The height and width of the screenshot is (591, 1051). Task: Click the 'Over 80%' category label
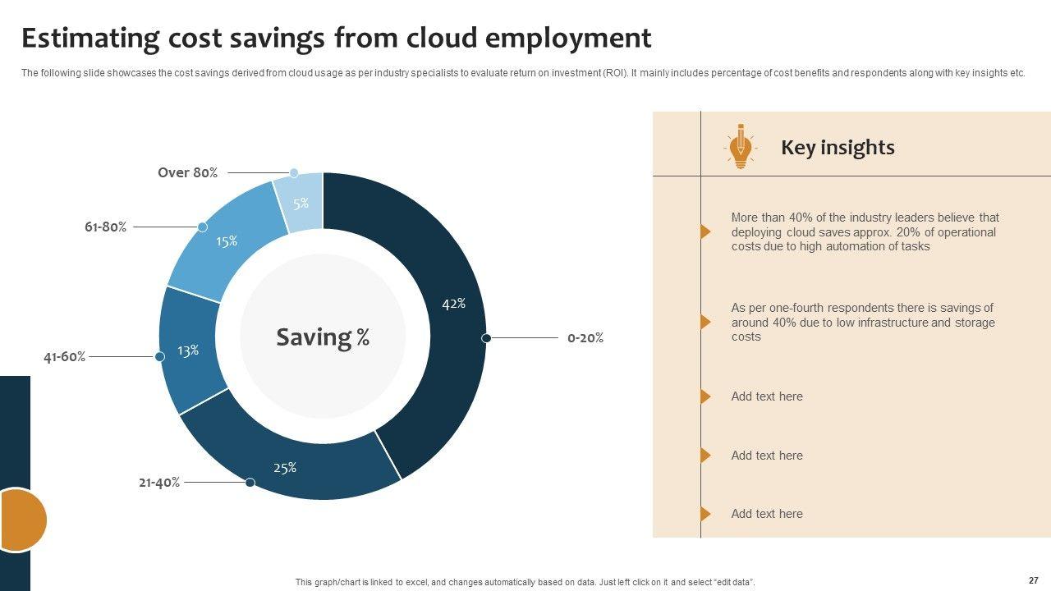(187, 173)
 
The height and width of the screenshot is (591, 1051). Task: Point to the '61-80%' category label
(105, 227)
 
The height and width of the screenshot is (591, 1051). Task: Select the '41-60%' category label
(64, 357)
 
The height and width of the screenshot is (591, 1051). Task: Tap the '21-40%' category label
(159, 483)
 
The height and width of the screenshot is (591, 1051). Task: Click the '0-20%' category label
(585, 338)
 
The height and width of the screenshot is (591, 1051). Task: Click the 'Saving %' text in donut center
(323, 337)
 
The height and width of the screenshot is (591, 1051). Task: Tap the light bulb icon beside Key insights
(740, 147)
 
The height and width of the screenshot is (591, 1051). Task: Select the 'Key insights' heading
(838, 148)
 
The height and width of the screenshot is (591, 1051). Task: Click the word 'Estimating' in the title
(90, 39)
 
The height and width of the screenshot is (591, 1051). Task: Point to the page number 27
(1033, 580)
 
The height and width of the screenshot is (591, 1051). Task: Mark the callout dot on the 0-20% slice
(486, 338)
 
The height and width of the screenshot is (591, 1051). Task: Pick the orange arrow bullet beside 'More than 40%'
(705, 232)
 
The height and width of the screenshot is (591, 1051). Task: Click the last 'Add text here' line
(767, 514)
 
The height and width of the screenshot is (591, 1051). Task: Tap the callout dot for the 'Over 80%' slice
(294, 173)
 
